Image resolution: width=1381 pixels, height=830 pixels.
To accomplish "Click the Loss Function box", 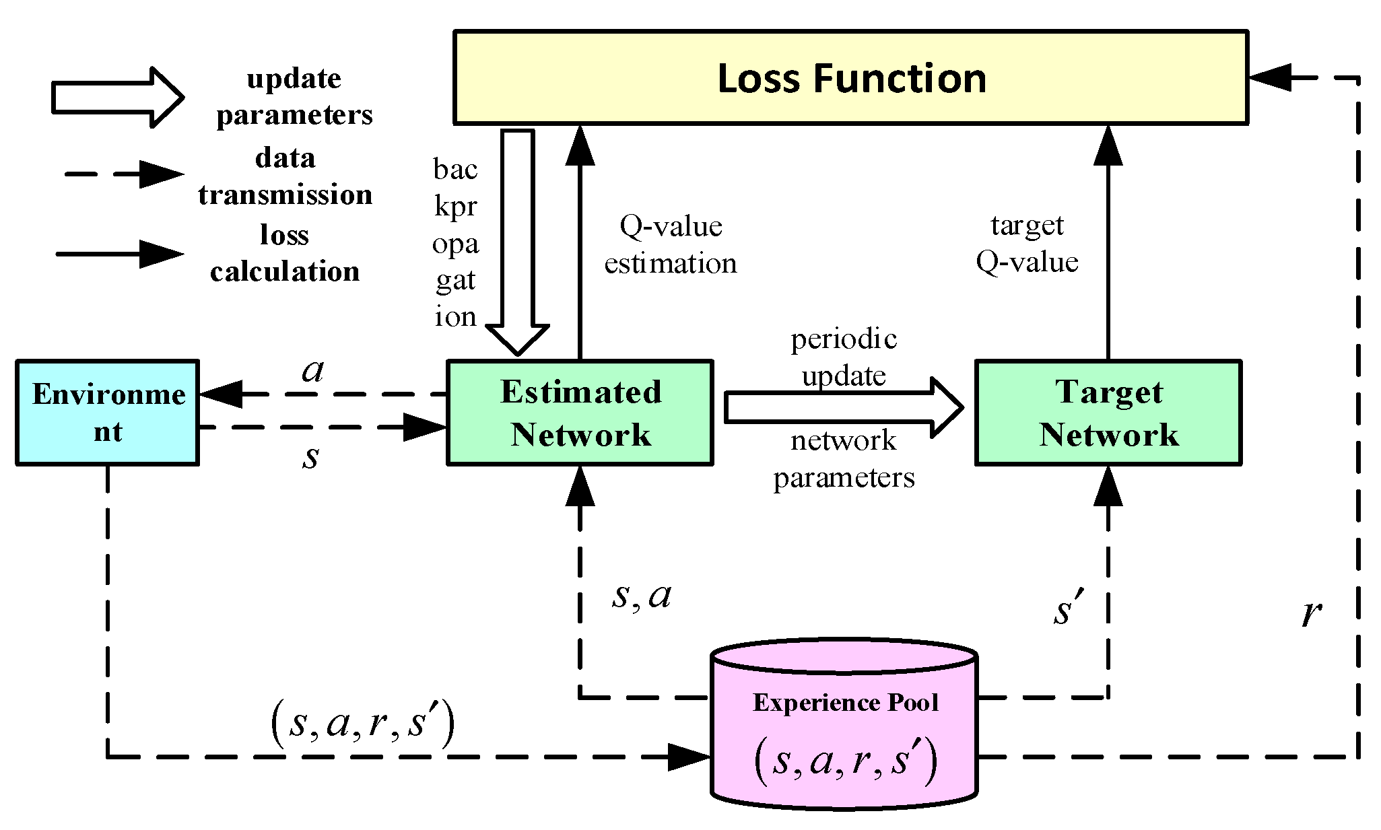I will pos(850,77).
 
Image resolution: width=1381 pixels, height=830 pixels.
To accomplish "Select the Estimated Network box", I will pos(580,413).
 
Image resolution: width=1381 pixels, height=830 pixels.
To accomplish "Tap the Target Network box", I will pos(1108,413).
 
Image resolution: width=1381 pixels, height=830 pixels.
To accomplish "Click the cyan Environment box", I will pos(108,413).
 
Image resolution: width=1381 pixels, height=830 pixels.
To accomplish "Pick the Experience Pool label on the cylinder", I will pos(845,703).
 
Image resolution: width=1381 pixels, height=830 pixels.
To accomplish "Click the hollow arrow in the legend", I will pos(118,98).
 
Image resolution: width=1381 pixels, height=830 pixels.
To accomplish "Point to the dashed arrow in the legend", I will pos(125,174).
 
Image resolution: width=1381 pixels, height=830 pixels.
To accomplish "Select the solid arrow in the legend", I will pos(121,254).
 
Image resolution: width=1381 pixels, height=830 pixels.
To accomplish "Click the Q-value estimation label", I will pos(670,244).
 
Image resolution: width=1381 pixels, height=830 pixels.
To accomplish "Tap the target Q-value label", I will pos(1027,243).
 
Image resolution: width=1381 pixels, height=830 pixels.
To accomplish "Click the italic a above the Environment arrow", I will pos(313,370).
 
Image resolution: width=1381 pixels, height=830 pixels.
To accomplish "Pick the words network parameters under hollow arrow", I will pos(843,459).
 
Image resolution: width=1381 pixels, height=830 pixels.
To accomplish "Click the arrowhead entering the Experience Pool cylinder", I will pos(690,757).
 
